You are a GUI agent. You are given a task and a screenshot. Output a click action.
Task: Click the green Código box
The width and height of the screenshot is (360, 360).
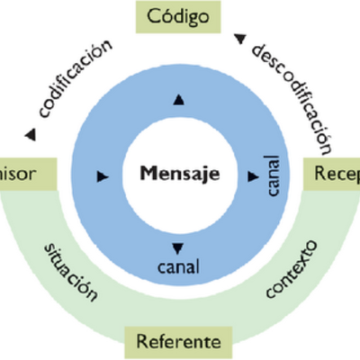(178, 16)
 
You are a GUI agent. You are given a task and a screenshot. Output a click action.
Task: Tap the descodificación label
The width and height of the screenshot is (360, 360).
(290, 94)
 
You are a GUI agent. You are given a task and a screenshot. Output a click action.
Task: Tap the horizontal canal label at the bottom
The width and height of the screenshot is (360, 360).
(178, 267)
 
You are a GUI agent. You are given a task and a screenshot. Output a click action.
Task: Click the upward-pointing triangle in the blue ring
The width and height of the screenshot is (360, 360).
(178, 99)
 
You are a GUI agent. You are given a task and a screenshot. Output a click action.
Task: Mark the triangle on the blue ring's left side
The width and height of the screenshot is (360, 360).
(101, 173)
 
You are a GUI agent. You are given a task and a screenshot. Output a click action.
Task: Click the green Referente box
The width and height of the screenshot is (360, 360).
(178, 341)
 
